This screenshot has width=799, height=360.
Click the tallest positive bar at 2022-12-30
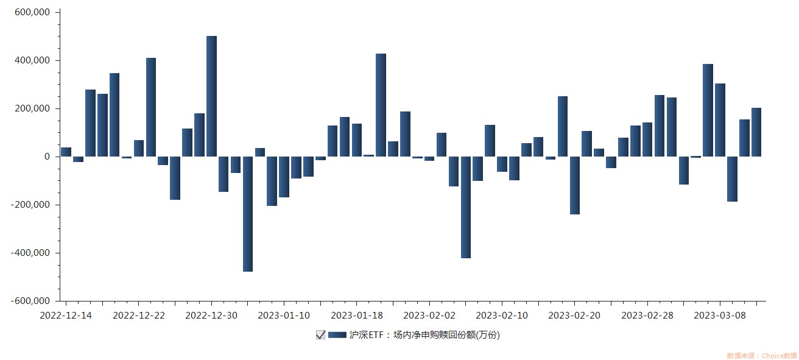coord(211,96)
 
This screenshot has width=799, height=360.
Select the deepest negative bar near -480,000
coord(248,214)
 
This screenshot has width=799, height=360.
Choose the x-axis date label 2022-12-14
coord(66,315)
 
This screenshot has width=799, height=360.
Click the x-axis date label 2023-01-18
coord(357,315)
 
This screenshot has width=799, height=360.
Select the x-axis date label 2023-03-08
coord(720,315)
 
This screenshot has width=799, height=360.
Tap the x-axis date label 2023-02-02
coord(429,315)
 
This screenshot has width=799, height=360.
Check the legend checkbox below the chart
coord(320,334)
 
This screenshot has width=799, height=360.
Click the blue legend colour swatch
coord(337,334)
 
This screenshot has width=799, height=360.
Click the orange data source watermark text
coord(761,355)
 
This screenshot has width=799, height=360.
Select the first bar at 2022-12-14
coord(66,152)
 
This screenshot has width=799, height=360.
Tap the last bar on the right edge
coord(756,132)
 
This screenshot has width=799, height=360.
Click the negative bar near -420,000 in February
coord(466,207)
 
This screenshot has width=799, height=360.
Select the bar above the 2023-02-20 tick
coord(575,185)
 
